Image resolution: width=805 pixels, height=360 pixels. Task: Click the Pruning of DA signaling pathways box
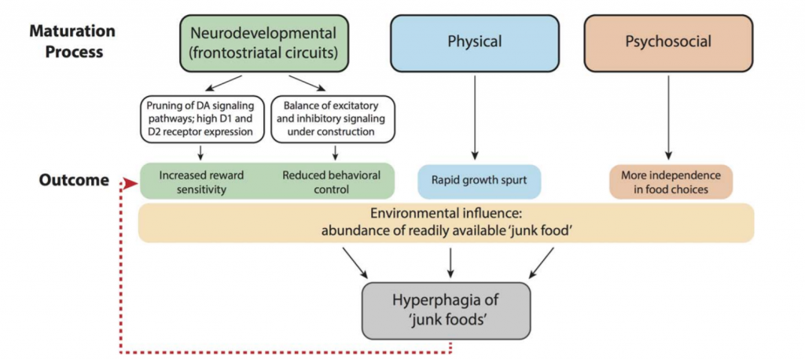click(200, 117)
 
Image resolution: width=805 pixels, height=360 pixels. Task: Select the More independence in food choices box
click(670, 180)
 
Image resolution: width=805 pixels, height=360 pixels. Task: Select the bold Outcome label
click(74, 180)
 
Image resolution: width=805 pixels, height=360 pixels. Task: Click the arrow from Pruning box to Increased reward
click(200, 152)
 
